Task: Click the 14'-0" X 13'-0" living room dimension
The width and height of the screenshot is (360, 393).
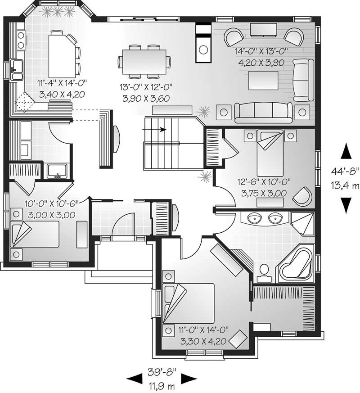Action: [259, 51]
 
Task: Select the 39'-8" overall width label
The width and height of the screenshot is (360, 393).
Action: [162, 372]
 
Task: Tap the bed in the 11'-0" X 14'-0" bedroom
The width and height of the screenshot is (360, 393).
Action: [189, 303]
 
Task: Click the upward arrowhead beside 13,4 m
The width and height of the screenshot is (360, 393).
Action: [346, 151]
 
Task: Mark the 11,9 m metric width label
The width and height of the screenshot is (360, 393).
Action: [162, 385]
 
